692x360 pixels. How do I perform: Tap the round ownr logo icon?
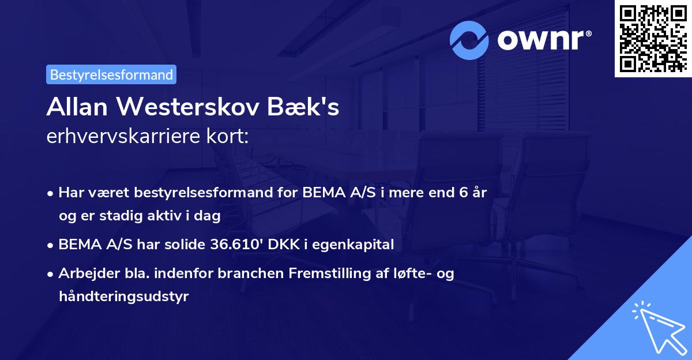pyautogui.click(x=469, y=40)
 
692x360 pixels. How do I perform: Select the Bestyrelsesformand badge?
pyautogui.click(x=111, y=74)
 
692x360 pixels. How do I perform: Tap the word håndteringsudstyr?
pyautogui.click(x=123, y=297)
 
